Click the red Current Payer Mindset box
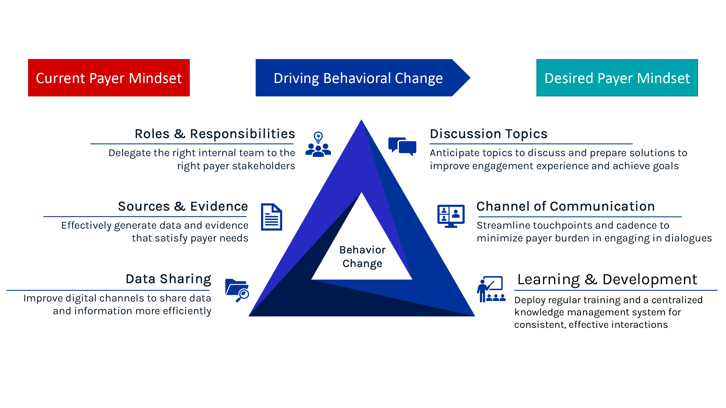click(x=109, y=78)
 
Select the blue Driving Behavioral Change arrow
click(x=358, y=78)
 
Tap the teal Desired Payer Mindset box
click(x=617, y=78)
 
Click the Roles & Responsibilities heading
click(x=215, y=134)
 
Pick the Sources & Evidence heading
click(x=183, y=206)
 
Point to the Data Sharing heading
click(x=168, y=279)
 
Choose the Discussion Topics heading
click(x=489, y=134)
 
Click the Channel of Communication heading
click(x=565, y=206)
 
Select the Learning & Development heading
click(x=607, y=279)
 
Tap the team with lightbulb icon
click(x=318, y=144)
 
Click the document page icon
click(x=271, y=217)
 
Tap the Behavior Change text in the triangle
click(x=362, y=257)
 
